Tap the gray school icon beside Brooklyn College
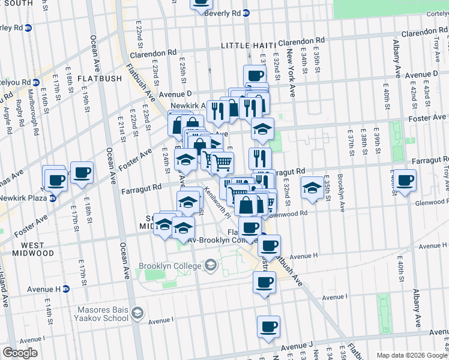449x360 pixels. [211, 265]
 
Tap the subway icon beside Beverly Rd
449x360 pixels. [246, 13]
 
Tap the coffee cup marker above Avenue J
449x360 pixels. [268, 327]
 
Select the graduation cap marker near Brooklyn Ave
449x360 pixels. [312, 188]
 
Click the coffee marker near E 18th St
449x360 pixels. [82, 173]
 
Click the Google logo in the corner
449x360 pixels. [20, 353]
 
